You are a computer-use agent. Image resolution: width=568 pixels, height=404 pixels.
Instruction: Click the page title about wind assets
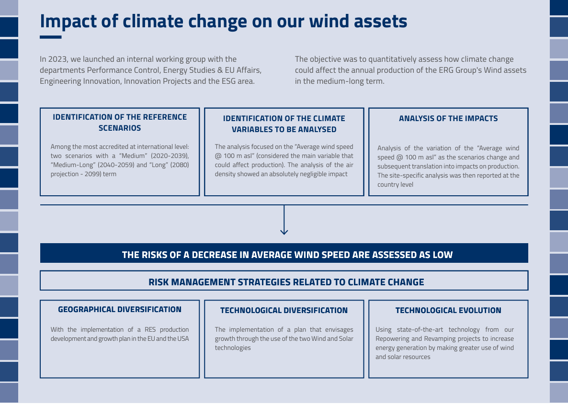[x=223, y=22]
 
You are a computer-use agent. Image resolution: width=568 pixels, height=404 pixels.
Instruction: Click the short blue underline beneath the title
[x=50, y=37]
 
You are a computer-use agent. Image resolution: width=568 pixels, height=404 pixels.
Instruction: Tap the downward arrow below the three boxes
[x=284, y=221]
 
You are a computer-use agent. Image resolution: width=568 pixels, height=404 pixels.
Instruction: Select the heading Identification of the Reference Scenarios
[x=120, y=122]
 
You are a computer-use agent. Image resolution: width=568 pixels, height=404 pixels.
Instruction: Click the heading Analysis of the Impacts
[x=448, y=118]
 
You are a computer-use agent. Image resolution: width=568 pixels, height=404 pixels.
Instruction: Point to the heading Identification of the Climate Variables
[x=284, y=123]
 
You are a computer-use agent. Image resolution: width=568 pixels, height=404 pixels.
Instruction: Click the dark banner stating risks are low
[x=284, y=254]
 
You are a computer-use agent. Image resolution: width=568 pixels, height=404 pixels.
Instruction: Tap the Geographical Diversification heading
[x=120, y=309]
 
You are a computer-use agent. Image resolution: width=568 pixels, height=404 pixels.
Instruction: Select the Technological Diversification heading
[x=284, y=310]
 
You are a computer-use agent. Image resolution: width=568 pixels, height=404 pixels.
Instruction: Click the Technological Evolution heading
[x=448, y=310]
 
